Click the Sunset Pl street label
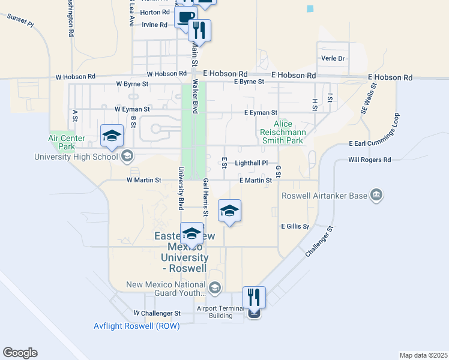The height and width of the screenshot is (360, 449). pos(19,18)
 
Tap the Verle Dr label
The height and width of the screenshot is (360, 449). pos(333,59)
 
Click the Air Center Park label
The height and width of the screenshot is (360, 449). pos(67,142)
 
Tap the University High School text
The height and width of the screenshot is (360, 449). pos(76,157)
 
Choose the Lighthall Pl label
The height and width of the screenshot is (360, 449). pos(252,163)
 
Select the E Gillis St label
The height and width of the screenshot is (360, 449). pos(295,227)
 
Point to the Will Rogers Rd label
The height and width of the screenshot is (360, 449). pos(369,160)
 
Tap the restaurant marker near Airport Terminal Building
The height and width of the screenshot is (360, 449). pos(254,298)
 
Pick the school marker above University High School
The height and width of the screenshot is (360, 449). pos(112,136)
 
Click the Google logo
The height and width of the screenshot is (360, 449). pos(20,353)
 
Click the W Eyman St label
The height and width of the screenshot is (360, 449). pos(132,109)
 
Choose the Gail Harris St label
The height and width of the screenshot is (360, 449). pos(205,197)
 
